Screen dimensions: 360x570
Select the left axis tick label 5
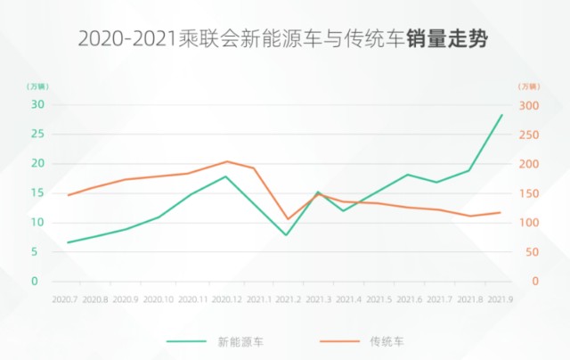(39, 251)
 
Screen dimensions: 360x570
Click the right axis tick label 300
(529, 104)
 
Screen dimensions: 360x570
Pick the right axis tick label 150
(529, 192)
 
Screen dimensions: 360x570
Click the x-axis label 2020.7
(66, 299)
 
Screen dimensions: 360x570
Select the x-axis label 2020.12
(225, 299)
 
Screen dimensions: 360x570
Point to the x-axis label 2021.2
(287, 299)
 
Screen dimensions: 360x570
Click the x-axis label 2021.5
(379, 299)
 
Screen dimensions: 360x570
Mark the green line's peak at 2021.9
(501, 115)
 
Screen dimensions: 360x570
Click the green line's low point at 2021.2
(287, 235)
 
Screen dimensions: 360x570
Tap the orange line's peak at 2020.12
(226, 161)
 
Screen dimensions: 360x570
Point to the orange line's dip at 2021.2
(287, 219)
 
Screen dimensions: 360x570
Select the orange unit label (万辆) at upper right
(529, 86)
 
